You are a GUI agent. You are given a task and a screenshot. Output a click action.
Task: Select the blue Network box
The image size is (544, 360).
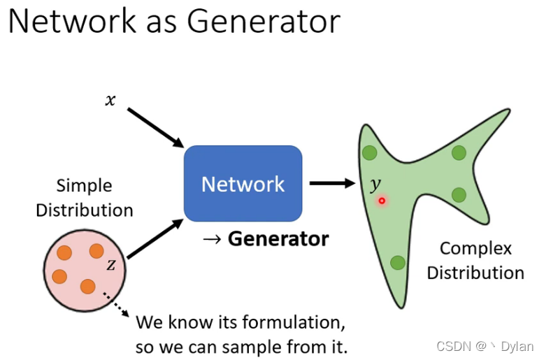[243, 184]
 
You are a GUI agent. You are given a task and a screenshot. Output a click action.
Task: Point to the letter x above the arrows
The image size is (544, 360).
[110, 100]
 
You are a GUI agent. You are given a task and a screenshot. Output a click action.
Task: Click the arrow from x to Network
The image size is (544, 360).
[155, 127]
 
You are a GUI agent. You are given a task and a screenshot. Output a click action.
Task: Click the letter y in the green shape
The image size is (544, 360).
[376, 185]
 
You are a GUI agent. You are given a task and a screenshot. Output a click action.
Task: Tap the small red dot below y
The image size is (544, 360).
[382, 201]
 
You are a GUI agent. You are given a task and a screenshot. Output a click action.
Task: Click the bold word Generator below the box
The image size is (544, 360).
[278, 239]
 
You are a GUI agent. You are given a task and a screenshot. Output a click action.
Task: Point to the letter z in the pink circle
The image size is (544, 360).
[110, 265]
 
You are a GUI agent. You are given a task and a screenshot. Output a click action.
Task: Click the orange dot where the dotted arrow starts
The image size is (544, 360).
[87, 286]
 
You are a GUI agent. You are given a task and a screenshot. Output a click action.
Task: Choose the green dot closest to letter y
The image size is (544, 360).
[369, 152]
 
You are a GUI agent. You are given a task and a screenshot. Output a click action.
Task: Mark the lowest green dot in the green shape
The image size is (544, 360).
[397, 263]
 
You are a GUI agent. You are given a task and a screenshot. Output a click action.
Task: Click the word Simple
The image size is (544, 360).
[84, 186]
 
